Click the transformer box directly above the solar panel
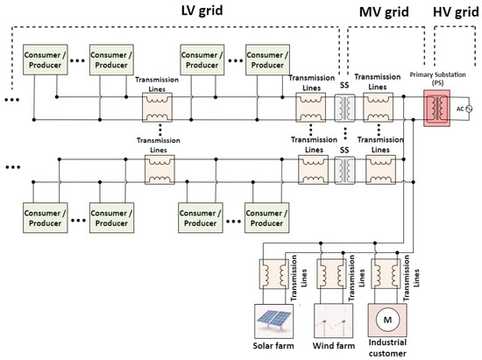[x=268, y=272]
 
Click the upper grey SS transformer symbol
[x=343, y=109]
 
